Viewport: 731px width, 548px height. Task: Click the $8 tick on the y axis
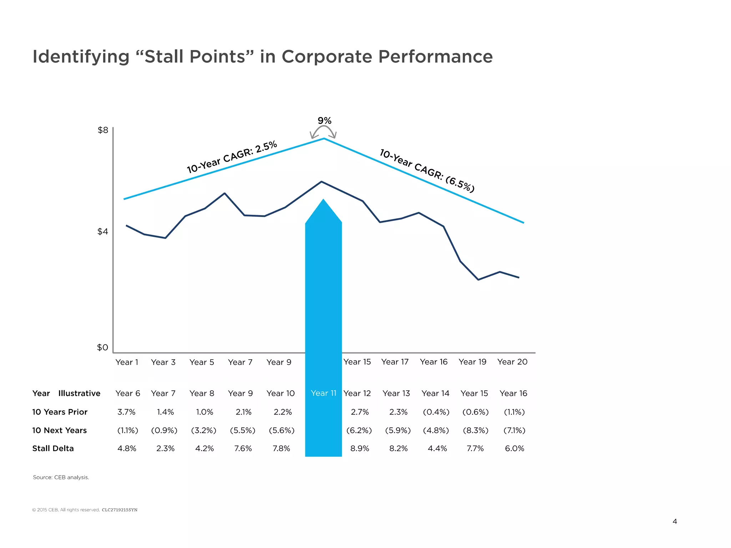(103, 130)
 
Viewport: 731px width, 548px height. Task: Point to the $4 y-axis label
(102, 232)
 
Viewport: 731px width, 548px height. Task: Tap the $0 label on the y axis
(102, 347)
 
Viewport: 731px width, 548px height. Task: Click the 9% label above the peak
(324, 121)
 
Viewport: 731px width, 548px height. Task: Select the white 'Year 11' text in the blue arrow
(323, 393)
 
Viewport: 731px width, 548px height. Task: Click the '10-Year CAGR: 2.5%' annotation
(232, 157)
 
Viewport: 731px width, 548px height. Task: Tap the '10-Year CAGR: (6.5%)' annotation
(427, 171)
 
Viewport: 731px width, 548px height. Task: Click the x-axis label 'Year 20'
(512, 362)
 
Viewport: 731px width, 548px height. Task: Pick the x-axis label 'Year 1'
(127, 362)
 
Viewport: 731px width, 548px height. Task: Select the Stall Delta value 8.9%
(359, 449)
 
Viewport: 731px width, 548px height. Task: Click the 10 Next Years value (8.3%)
(475, 431)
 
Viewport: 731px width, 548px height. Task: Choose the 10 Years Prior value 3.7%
(126, 412)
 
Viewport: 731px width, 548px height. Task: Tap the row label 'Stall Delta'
(53, 449)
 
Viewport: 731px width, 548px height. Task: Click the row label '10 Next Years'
(59, 431)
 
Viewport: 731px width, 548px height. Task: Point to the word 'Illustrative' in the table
(79, 394)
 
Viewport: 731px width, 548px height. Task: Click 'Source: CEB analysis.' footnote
(61, 477)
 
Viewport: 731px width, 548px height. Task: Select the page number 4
(675, 522)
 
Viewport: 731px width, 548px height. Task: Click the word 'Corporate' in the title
(327, 56)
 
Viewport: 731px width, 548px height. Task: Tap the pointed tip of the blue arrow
(323, 200)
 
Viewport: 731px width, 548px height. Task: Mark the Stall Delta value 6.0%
(514, 449)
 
